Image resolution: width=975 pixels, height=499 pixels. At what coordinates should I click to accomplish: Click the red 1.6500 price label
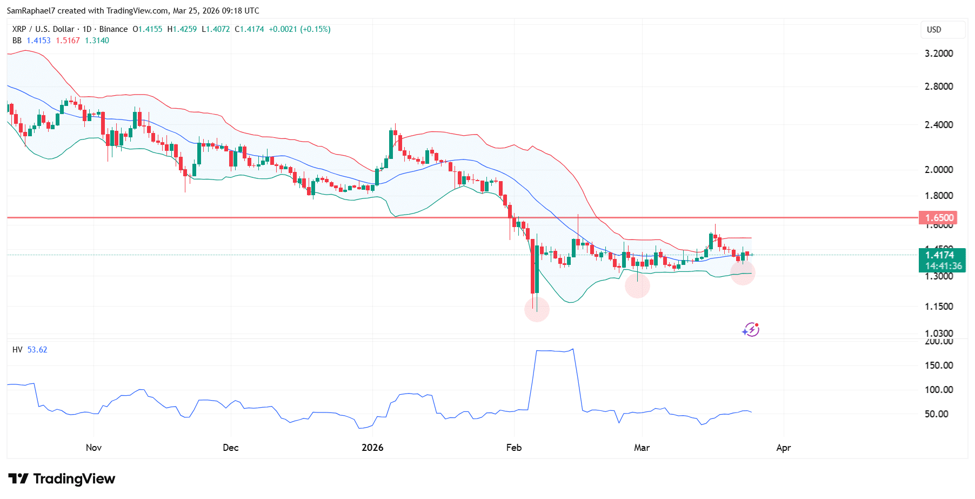(938, 218)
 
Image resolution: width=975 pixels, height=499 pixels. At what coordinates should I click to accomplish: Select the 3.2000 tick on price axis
(938, 54)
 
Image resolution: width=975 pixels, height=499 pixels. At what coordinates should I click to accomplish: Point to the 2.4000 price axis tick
(938, 125)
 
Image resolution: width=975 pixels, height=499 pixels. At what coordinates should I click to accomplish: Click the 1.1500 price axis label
(938, 307)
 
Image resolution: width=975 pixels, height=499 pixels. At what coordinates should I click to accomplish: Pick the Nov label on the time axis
(94, 448)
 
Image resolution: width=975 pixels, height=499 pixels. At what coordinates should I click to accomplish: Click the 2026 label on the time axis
(372, 448)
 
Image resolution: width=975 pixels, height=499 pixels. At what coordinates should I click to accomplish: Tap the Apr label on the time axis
(783, 448)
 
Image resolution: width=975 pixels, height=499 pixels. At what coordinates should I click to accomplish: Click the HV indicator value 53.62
(37, 350)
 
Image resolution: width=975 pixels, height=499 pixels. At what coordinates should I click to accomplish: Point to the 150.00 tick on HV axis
(938, 365)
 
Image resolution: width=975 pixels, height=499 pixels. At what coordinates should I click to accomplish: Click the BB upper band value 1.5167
(68, 41)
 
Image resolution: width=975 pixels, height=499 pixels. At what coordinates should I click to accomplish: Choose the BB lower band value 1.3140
(97, 41)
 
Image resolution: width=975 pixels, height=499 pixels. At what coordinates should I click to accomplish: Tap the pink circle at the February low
(537, 310)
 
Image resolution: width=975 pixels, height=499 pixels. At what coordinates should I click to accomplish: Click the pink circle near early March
(637, 285)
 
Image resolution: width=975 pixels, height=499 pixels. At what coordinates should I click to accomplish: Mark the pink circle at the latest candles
(743, 272)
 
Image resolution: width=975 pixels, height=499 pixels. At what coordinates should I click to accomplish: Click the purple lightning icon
(751, 330)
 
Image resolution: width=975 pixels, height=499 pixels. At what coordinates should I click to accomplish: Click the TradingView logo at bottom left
(62, 479)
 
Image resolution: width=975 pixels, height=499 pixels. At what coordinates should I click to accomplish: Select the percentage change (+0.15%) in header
(315, 29)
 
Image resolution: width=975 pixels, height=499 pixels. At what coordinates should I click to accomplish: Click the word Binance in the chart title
(113, 29)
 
